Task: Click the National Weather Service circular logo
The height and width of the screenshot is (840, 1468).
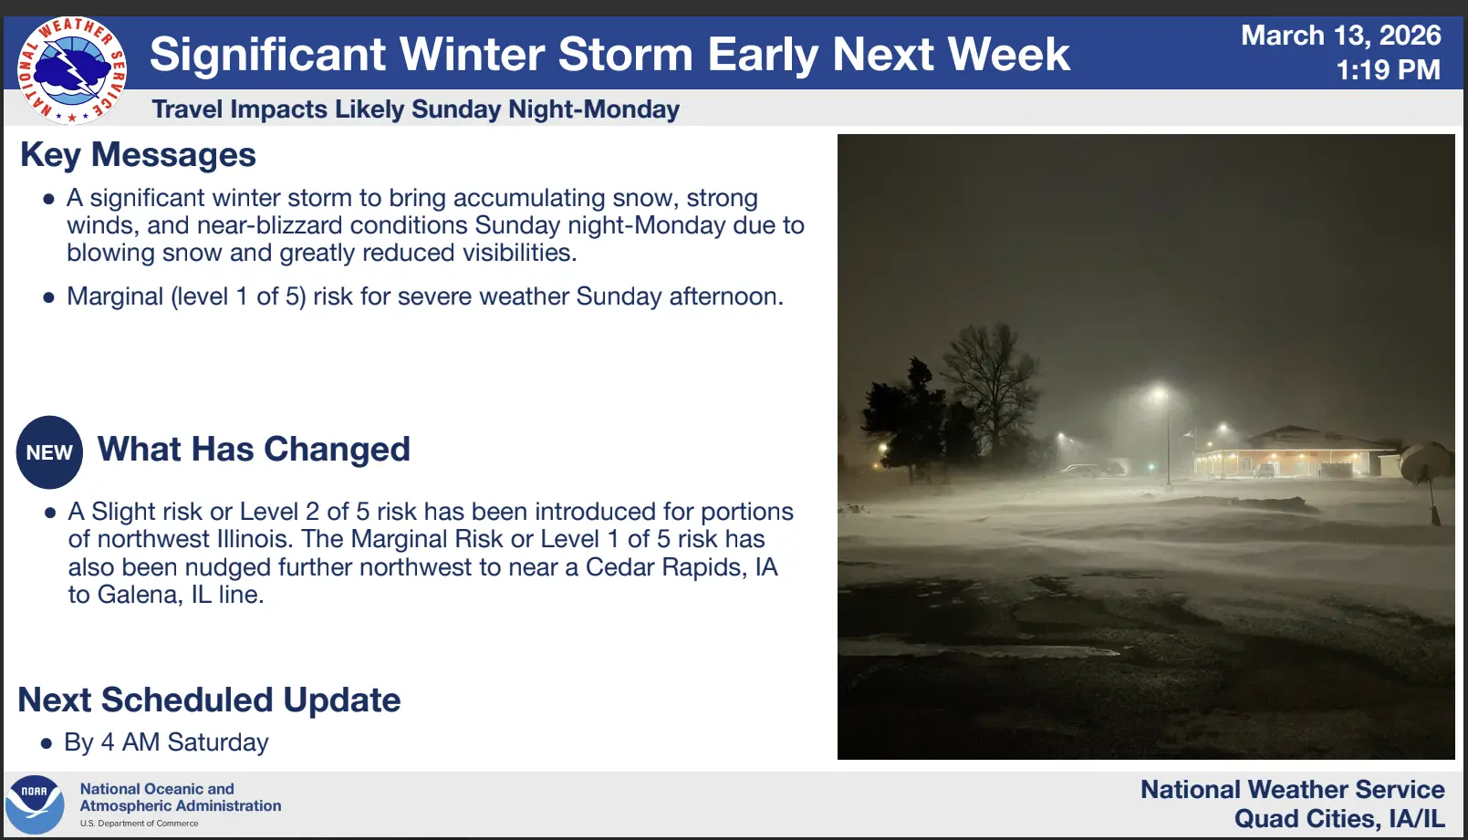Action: coord(72,71)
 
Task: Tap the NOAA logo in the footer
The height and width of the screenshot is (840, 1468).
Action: coord(35,804)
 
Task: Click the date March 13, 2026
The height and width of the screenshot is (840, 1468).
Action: coord(1341,36)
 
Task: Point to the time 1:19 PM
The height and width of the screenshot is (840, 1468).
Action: coord(1388,69)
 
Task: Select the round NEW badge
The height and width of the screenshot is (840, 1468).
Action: coord(50,452)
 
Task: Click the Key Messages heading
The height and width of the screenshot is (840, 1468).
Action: coord(138,155)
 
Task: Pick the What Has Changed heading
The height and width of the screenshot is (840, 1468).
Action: coord(254,449)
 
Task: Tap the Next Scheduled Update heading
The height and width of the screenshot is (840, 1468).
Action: coord(209,700)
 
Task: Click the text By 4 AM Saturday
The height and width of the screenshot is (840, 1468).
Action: coord(166,742)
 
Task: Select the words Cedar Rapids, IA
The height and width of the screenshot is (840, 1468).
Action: coord(681,566)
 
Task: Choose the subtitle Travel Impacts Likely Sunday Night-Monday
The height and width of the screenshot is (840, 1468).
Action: coord(415,109)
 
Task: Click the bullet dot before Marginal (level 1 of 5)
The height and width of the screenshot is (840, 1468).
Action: coord(48,298)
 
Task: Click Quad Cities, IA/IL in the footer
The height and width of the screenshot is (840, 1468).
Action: coord(1339,819)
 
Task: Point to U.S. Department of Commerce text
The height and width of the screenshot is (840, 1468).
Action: coord(139,824)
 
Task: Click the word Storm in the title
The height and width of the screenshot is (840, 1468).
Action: coord(625,54)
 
